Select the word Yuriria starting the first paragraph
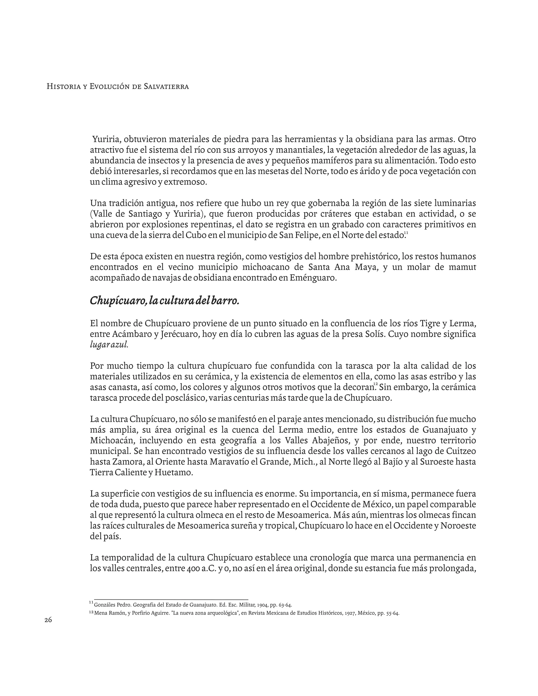pyautogui.click(x=106, y=139)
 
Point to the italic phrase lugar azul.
pyautogui.click(x=109, y=345)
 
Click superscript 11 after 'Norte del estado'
pyautogui.click(x=406, y=233)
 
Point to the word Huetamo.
pyautogui.click(x=174, y=472)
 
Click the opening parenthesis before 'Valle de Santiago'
pyautogui.click(x=91, y=214)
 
